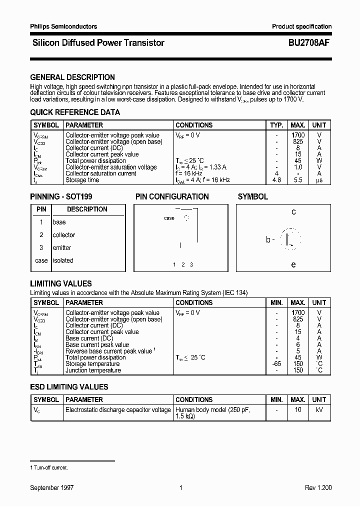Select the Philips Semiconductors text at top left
63,26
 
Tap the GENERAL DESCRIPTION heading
72,77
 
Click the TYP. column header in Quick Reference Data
276,125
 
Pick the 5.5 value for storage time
298,180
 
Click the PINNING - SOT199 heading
61,197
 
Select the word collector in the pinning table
64,235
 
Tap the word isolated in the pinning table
63,260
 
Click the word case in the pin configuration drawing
169,218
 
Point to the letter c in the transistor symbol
293,212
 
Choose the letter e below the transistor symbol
293,264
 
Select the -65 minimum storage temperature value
276,364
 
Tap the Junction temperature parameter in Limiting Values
93,370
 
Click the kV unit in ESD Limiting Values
319,410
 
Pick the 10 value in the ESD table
298,410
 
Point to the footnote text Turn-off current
50,467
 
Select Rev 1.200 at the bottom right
318,487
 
